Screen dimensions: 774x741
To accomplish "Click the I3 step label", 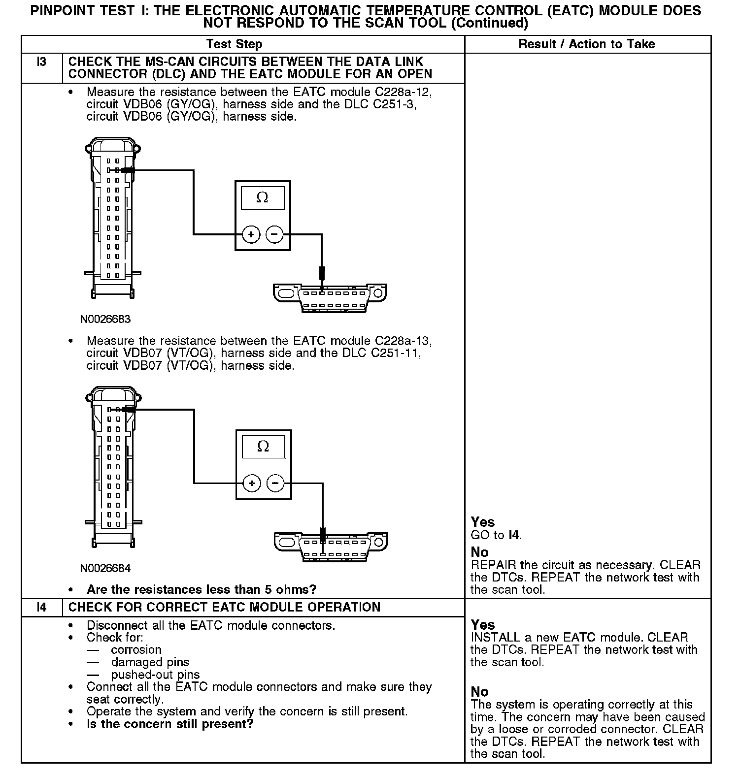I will click(x=42, y=62).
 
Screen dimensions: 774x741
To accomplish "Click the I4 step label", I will click(x=42, y=607).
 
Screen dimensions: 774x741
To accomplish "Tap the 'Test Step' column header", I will click(x=234, y=44).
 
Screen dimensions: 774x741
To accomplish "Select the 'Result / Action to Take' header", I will click(x=586, y=44).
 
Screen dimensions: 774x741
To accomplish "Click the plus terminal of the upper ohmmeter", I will click(x=251, y=234).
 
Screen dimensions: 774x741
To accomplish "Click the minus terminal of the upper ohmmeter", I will click(x=274, y=234).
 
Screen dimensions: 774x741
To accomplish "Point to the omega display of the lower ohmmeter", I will click(x=263, y=447).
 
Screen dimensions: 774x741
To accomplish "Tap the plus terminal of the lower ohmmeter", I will click(x=252, y=483).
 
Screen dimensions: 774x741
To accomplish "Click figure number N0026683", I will click(x=105, y=319).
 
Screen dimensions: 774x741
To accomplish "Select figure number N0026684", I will click(x=105, y=568).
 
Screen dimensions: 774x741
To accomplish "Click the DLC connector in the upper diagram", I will click(x=330, y=297).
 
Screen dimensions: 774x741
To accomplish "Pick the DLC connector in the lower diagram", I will click(x=330, y=546).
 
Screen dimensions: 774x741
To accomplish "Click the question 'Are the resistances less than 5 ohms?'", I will click(x=201, y=589).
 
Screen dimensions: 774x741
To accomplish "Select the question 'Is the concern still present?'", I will click(x=169, y=724).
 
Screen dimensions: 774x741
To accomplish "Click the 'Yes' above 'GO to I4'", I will click(x=483, y=522).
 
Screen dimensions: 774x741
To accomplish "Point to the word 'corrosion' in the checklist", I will click(x=136, y=649).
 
